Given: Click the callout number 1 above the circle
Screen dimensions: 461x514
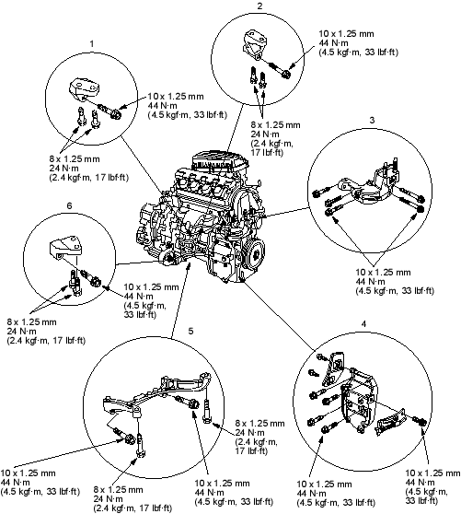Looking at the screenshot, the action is pos(92,44).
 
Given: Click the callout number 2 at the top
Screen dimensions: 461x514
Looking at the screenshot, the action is pos(259,6).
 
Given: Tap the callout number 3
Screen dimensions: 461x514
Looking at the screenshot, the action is pos(372,121).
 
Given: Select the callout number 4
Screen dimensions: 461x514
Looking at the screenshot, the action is pos(363,324).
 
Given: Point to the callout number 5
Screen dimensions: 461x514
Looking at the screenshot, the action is pos(190,331).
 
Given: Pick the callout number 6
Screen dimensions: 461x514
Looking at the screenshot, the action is pos(69,205).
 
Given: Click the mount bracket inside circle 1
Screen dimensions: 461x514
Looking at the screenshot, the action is pos(84,88).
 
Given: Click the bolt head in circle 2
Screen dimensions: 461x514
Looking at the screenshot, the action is pos(286,75).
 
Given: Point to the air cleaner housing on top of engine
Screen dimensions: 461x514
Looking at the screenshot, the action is pos(219,161).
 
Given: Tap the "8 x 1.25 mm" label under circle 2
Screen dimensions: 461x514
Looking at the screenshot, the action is pos(275,125).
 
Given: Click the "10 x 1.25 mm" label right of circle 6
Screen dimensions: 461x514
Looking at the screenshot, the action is pos(151,287).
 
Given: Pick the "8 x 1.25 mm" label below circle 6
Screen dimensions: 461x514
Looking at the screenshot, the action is pos(32,321).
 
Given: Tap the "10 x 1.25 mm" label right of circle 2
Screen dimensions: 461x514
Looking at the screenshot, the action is pos(346,34).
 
